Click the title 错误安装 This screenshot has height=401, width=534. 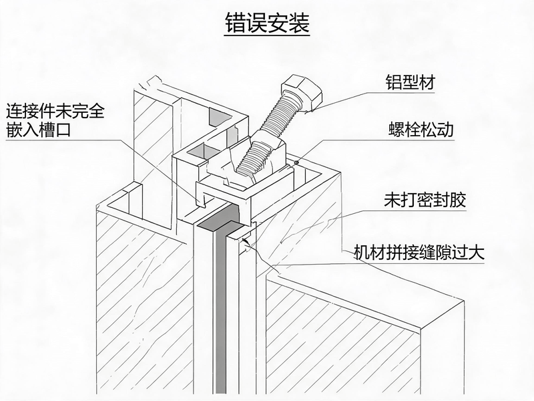coord(268,23)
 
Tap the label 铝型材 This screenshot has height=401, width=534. coord(411,82)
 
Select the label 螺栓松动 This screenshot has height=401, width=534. coord(421,130)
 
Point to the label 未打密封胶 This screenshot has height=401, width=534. coord(425,200)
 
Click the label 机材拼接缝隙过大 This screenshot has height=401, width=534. coord(419,253)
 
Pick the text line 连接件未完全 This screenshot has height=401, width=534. coord(55,110)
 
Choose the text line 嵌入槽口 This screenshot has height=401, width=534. coord(38,130)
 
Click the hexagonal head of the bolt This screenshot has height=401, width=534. coord(302,92)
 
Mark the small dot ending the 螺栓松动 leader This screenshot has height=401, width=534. coord(296,162)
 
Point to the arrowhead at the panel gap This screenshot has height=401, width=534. coord(246,242)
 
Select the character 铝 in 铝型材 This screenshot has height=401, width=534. coord(394,82)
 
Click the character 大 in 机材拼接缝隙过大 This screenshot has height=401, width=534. coord(476,253)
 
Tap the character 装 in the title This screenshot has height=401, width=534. coord(299,23)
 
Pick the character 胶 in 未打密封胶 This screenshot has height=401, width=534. coord(457,200)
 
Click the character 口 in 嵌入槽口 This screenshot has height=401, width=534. coord(63,130)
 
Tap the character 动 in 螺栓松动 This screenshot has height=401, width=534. coord(446,130)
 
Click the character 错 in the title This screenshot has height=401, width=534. coord(236,23)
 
